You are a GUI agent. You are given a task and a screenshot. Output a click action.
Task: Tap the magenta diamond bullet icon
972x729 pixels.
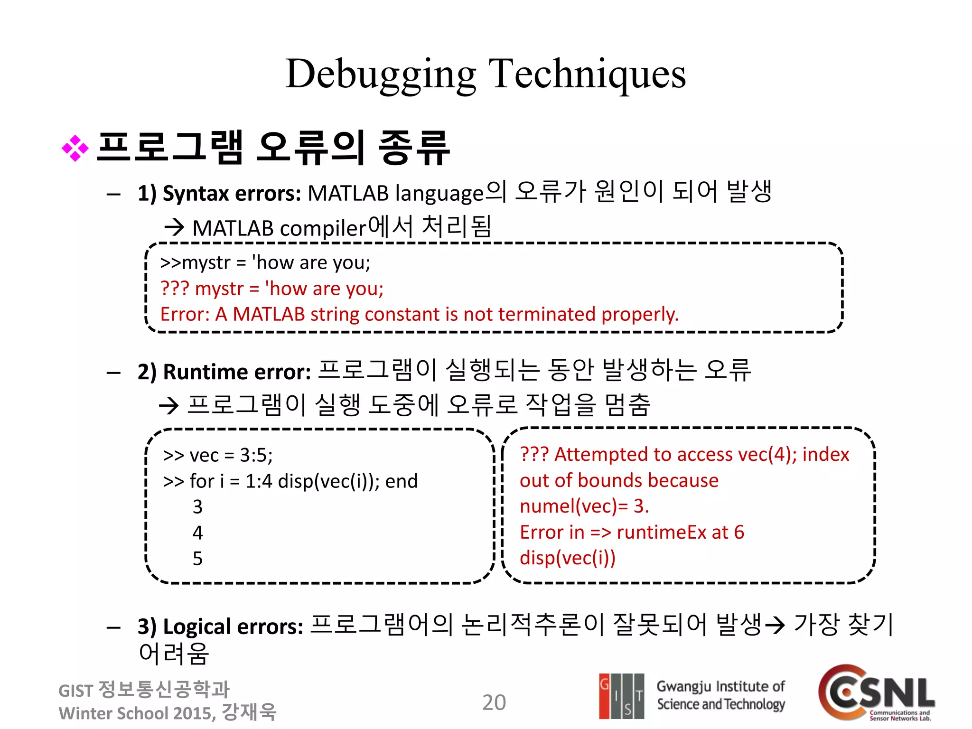75,149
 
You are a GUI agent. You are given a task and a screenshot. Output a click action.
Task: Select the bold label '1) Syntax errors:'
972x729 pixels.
219,194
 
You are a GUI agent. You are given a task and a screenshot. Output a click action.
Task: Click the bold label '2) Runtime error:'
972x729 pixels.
224,372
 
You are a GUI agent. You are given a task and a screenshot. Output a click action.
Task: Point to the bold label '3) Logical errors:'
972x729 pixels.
220,626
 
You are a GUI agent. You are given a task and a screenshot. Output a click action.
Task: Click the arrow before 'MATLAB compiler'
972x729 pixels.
174,227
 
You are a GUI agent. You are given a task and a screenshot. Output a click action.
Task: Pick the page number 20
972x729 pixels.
494,702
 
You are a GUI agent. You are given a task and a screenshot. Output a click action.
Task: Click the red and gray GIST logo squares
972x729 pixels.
621,696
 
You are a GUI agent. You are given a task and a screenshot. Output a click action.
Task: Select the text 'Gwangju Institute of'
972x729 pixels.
720,686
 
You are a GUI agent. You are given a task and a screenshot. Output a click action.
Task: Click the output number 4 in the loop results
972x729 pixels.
197,533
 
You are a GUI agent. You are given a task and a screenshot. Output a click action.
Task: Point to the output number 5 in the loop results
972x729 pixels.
197,559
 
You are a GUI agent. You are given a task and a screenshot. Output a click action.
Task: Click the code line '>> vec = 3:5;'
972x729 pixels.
218,455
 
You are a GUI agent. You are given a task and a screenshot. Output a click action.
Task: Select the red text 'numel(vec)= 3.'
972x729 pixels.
584,506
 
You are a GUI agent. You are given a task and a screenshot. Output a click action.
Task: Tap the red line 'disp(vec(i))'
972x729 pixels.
567,558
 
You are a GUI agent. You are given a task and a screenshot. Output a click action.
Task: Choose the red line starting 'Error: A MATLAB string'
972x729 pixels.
420,314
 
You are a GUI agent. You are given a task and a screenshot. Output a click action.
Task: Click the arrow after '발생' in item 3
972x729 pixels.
775,626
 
